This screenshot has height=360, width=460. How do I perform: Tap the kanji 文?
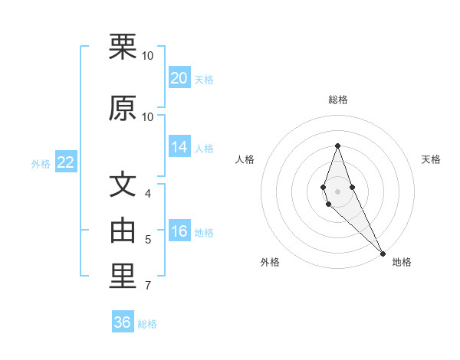[123, 185]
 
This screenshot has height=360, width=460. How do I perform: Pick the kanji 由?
[123, 231]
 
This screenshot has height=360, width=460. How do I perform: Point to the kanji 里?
[123, 277]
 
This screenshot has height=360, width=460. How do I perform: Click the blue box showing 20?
[179, 78]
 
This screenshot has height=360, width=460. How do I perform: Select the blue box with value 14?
[179, 148]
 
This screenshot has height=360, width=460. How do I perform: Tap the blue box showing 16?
[179, 232]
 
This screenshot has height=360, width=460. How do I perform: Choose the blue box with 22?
[65, 162]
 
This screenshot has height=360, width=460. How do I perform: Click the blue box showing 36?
[123, 322]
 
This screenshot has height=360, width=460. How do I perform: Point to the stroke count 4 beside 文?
[148, 195]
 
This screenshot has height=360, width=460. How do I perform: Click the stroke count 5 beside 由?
[148, 240]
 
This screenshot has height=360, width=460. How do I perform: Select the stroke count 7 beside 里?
[148, 286]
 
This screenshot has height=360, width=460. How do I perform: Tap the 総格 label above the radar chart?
[338, 100]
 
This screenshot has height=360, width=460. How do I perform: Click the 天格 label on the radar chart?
[431, 159]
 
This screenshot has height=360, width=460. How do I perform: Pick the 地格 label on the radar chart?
[402, 262]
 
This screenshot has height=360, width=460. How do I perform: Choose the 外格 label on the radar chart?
[270, 262]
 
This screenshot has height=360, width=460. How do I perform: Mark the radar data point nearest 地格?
[383, 254]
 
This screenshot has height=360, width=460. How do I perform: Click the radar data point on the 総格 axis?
[337, 146]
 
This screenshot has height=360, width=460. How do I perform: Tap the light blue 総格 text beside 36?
[147, 324]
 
